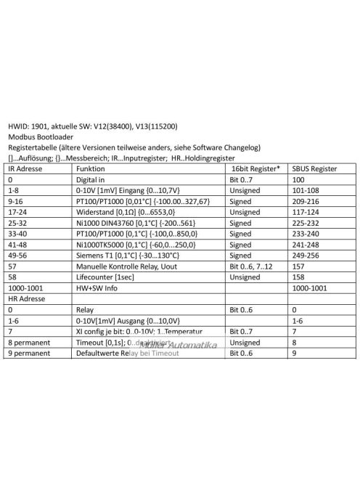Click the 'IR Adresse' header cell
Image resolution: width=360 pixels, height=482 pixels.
[x=26, y=167]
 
